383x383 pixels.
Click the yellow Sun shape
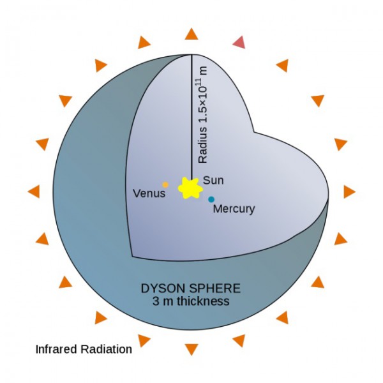pyautogui.click(x=190, y=188)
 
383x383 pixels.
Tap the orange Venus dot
pyautogui.click(x=165, y=184)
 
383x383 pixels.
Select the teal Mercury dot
pyautogui.click(x=211, y=199)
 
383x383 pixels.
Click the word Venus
pyautogui.click(x=149, y=193)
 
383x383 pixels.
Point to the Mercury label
pyautogui.click(x=234, y=209)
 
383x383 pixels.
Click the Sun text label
pyautogui.click(x=213, y=180)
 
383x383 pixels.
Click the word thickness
pyautogui.click(x=203, y=301)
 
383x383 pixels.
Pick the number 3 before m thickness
pyautogui.click(x=156, y=301)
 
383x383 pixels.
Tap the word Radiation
pyautogui.click(x=107, y=349)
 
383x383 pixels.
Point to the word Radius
pyautogui.click(x=203, y=145)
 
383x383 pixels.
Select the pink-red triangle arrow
pyautogui.click(x=239, y=43)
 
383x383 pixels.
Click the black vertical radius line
pyautogui.click(x=191, y=117)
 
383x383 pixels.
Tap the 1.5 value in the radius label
pyautogui.click(x=203, y=113)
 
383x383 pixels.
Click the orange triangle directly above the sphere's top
pyautogui.click(x=191, y=34)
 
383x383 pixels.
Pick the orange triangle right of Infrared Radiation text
pyautogui.click(x=144, y=340)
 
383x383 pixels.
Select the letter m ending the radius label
pyautogui.click(x=204, y=71)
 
